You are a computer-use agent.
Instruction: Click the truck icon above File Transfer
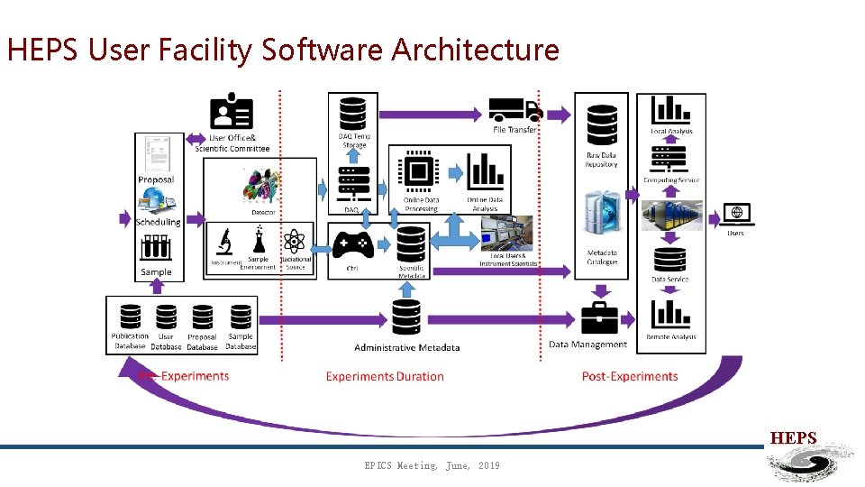point(514,110)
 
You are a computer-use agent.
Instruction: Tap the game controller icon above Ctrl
point(352,245)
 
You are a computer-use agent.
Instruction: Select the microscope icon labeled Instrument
point(225,242)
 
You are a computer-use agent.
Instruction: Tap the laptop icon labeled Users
point(737,215)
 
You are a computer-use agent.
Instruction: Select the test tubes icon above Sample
point(156,248)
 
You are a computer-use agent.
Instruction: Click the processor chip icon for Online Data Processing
point(419,173)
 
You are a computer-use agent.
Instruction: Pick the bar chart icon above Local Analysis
point(671,110)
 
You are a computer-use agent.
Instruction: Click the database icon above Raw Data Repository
point(602,124)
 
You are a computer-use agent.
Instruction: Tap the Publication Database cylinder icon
point(130,317)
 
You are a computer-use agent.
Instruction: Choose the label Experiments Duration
point(385,376)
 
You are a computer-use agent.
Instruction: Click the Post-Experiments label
point(629,376)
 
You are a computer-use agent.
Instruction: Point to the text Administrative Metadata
point(406,347)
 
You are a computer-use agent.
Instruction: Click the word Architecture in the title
point(475,50)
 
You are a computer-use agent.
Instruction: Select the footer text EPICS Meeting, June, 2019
point(432,465)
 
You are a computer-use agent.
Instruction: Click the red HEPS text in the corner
point(793,438)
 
